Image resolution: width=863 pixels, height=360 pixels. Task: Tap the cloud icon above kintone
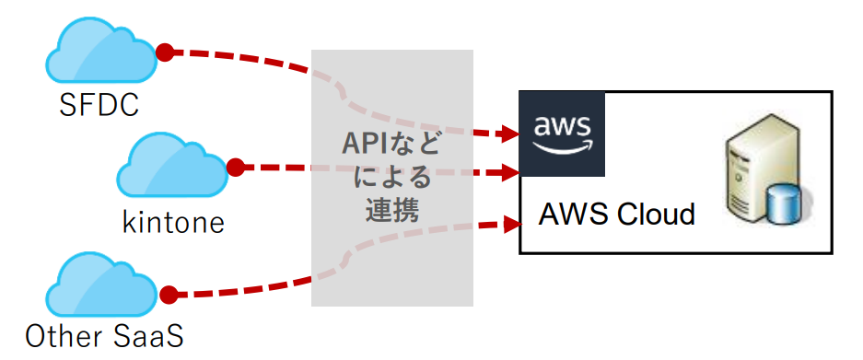click(x=172, y=168)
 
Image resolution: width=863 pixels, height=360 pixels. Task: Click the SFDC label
click(x=99, y=105)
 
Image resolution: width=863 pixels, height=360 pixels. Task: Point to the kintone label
click(x=173, y=222)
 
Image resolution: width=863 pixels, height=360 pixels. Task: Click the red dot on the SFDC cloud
click(x=165, y=52)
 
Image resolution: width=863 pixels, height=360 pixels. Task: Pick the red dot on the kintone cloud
click(x=235, y=168)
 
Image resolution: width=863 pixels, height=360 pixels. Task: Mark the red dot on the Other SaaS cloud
click(x=169, y=295)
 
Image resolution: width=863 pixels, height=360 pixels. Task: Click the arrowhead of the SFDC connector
click(x=512, y=134)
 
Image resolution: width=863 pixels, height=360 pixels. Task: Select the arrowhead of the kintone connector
click(x=512, y=172)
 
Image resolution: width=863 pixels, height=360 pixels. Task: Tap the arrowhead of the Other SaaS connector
click(x=514, y=224)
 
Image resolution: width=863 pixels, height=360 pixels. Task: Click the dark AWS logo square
click(x=562, y=134)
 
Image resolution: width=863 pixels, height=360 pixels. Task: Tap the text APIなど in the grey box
click(x=391, y=145)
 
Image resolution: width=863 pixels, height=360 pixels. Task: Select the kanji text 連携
click(x=391, y=209)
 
